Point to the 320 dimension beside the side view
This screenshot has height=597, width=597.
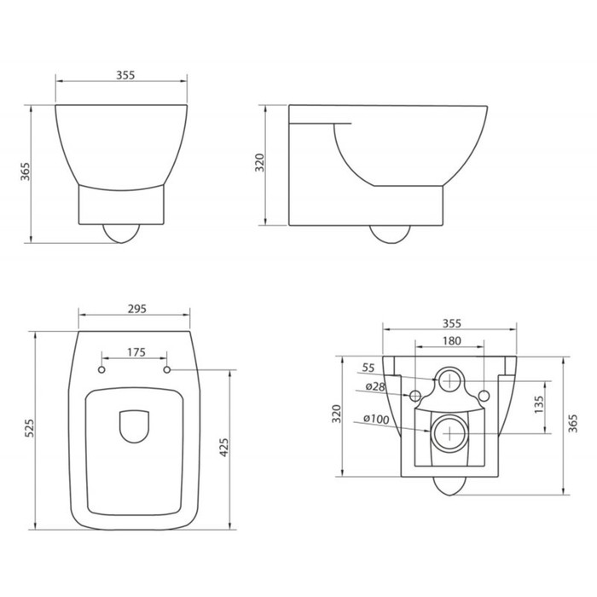point(261,165)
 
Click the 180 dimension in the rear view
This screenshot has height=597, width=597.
point(452,341)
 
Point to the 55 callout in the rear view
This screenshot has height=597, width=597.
point(368,368)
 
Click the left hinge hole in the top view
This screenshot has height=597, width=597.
point(101,370)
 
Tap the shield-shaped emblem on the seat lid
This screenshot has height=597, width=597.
point(134,426)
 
